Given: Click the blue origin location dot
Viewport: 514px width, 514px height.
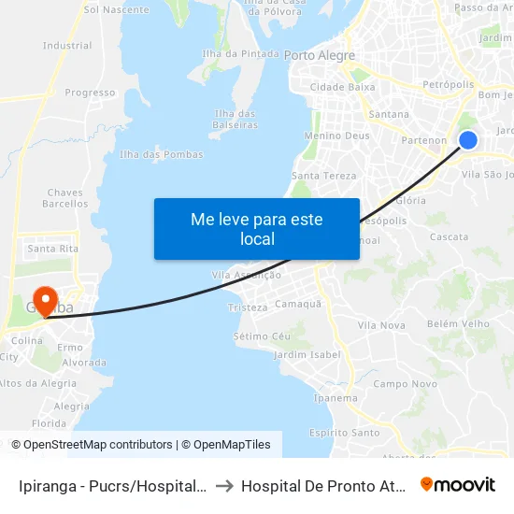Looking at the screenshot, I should (468, 140).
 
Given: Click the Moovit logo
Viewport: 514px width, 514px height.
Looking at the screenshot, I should (458, 485).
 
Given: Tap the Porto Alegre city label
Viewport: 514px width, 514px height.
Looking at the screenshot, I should (319, 56).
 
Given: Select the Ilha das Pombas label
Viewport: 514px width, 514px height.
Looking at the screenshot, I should (162, 155).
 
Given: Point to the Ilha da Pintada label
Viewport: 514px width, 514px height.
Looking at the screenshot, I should (247, 54).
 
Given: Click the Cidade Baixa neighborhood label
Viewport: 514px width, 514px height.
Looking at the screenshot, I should (342, 88).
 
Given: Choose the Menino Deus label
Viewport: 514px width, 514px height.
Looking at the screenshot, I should (337, 136).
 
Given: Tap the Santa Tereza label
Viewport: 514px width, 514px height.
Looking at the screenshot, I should (324, 176).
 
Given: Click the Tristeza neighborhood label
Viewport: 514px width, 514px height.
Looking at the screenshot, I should (248, 307).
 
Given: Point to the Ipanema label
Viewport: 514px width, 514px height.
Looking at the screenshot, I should (336, 398).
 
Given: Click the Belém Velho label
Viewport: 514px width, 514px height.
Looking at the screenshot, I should (458, 324).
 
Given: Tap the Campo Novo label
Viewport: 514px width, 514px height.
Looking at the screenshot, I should (406, 384).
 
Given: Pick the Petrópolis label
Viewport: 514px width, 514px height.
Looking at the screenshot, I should (448, 84).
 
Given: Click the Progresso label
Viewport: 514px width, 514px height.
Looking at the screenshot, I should (90, 93).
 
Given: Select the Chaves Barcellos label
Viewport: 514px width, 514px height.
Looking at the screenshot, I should (65, 198).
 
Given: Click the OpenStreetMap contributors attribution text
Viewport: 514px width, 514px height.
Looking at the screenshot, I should (97, 445).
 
